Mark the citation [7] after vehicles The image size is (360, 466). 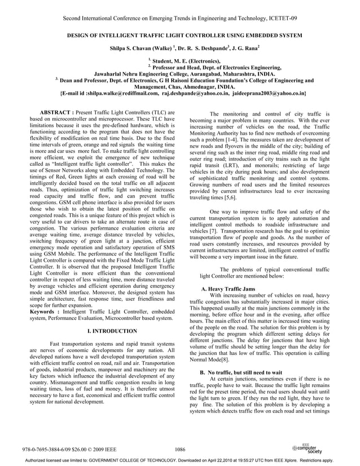214,231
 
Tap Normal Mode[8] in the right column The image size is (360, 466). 209,359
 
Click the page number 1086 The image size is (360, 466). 181,449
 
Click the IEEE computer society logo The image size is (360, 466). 308,449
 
